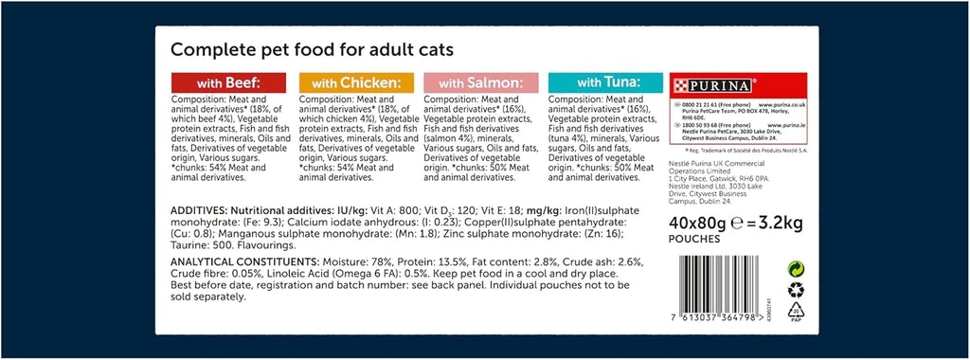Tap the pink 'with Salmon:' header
(481, 82)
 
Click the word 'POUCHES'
(693, 240)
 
